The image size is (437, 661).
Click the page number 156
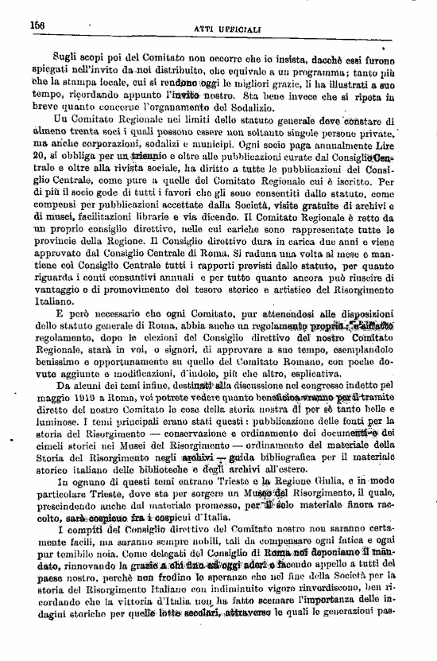coord(38,25)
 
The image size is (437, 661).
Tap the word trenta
coord(86,136)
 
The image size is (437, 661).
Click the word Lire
coord(400,150)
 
